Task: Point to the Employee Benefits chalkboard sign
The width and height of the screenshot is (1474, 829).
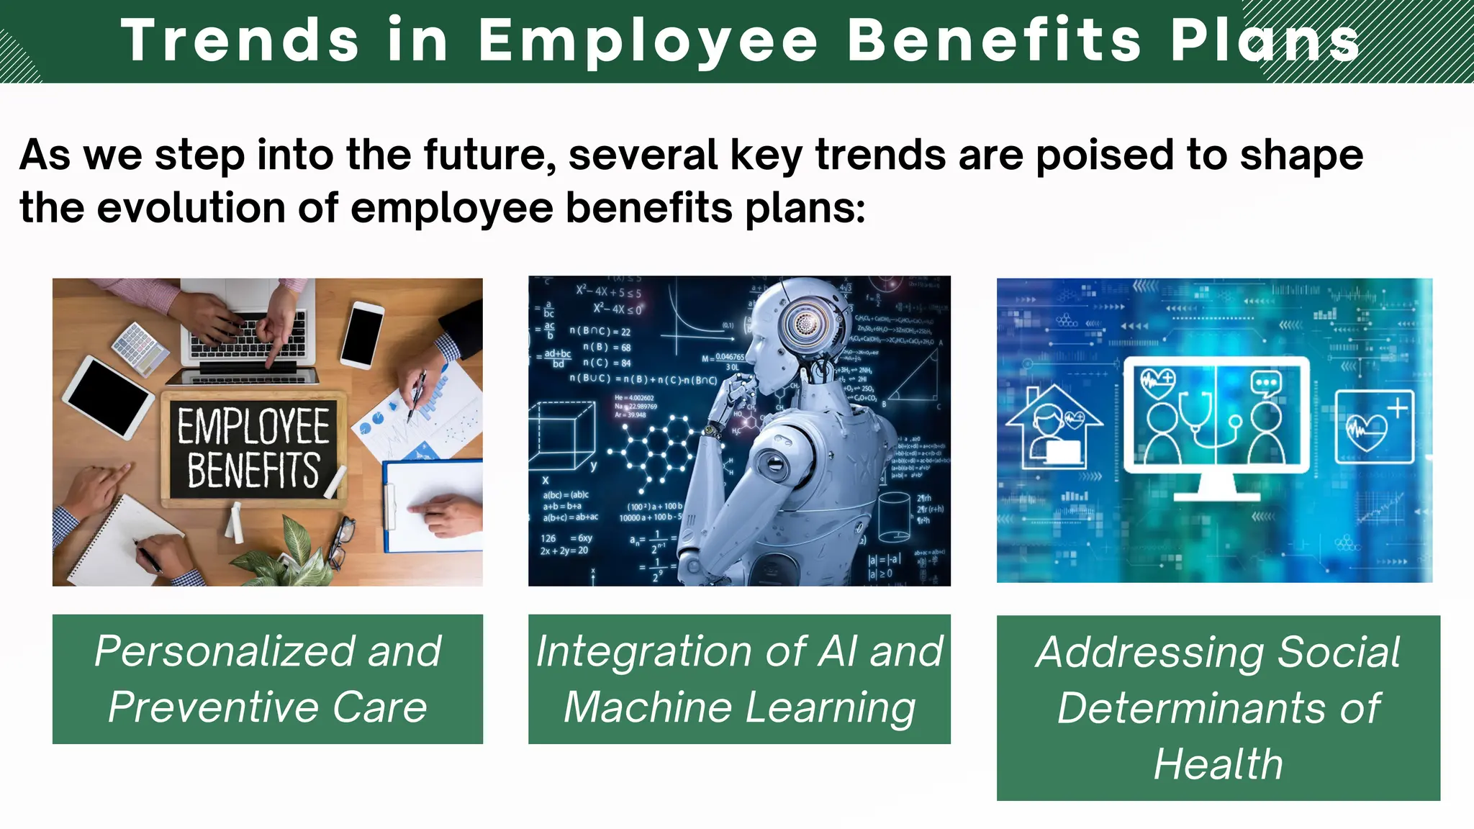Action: [x=253, y=448]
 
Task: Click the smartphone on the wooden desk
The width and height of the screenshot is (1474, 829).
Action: [x=362, y=335]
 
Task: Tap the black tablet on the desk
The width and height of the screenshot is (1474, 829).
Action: [x=109, y=397]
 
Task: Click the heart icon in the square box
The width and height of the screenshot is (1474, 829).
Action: [x=1373, y=427]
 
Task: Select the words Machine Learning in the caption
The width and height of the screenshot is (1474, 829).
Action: [x=739, y=707]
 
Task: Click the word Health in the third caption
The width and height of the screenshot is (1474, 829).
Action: [x=1218, y=764]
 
